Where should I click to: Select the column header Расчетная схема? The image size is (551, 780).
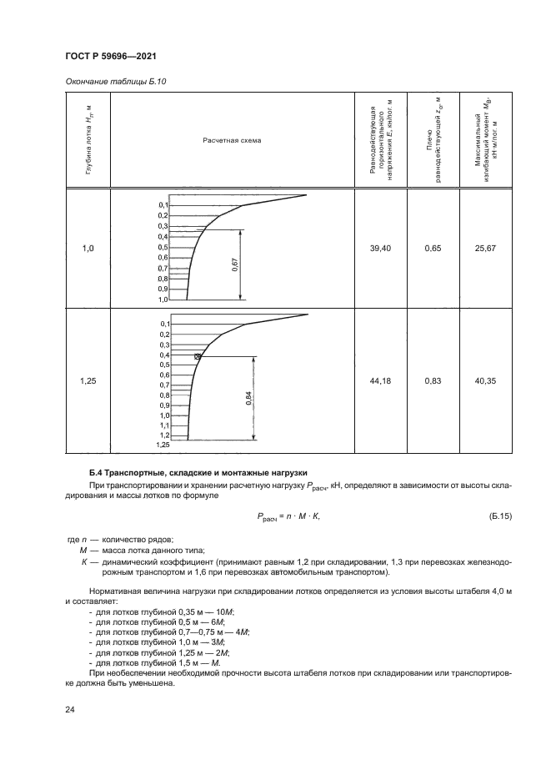(232, 139)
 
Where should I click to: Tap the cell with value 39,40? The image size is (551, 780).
(380, 248)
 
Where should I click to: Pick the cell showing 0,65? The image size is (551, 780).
(432, 248)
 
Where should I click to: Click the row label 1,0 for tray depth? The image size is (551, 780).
(88, 248)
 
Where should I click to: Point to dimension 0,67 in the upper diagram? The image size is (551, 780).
(236, 264)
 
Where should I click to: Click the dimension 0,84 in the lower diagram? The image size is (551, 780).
(249, 397)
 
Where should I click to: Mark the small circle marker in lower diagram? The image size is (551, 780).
(198, 356)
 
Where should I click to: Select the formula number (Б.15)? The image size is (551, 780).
(497, 516)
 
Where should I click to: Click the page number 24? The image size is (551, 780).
(70, 709)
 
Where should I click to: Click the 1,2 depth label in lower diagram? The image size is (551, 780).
(164, 435)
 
